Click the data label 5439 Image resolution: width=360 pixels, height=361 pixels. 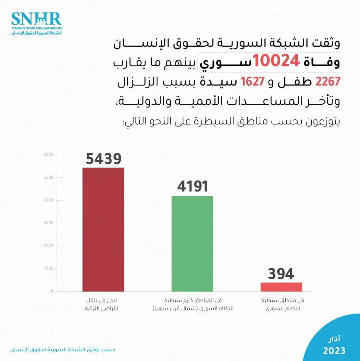(103, 159)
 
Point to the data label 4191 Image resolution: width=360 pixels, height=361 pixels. (192, 187)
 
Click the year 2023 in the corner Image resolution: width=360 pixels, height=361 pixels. (334, 350)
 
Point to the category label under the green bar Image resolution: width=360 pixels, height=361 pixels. (192, 305)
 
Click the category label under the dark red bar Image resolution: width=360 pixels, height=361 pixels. (103, 305)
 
